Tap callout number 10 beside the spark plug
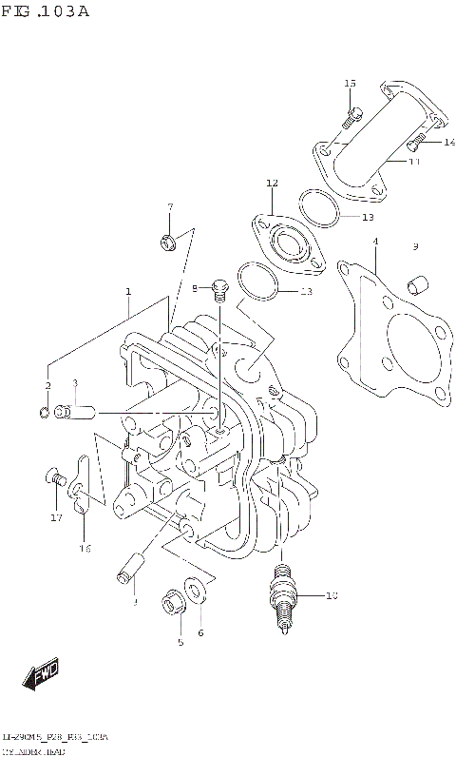point(331,596)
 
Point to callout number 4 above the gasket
point(375,242)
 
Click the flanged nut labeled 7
point(168,243)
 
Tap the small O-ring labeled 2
point(45,412)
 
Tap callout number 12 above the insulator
point(272,183)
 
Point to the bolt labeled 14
point(415,144)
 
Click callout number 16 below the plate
point(85,548)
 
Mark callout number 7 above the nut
point(170,207)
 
